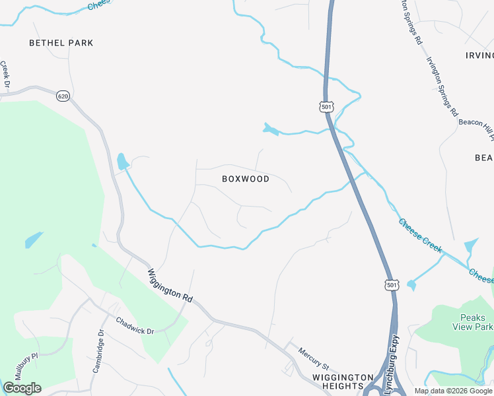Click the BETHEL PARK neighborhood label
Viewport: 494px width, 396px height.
click(61, 43)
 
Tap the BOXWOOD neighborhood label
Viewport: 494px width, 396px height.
click(246, 179)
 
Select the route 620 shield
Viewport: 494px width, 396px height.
click(63, 96)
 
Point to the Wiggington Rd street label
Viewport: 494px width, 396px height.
click(170, 285)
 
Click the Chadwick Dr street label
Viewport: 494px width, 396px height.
click(135, 326)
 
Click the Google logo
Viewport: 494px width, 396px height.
click(22, 388)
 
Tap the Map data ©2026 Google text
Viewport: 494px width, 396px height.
click(453, 391)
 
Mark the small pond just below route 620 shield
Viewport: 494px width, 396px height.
click(122, 161)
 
